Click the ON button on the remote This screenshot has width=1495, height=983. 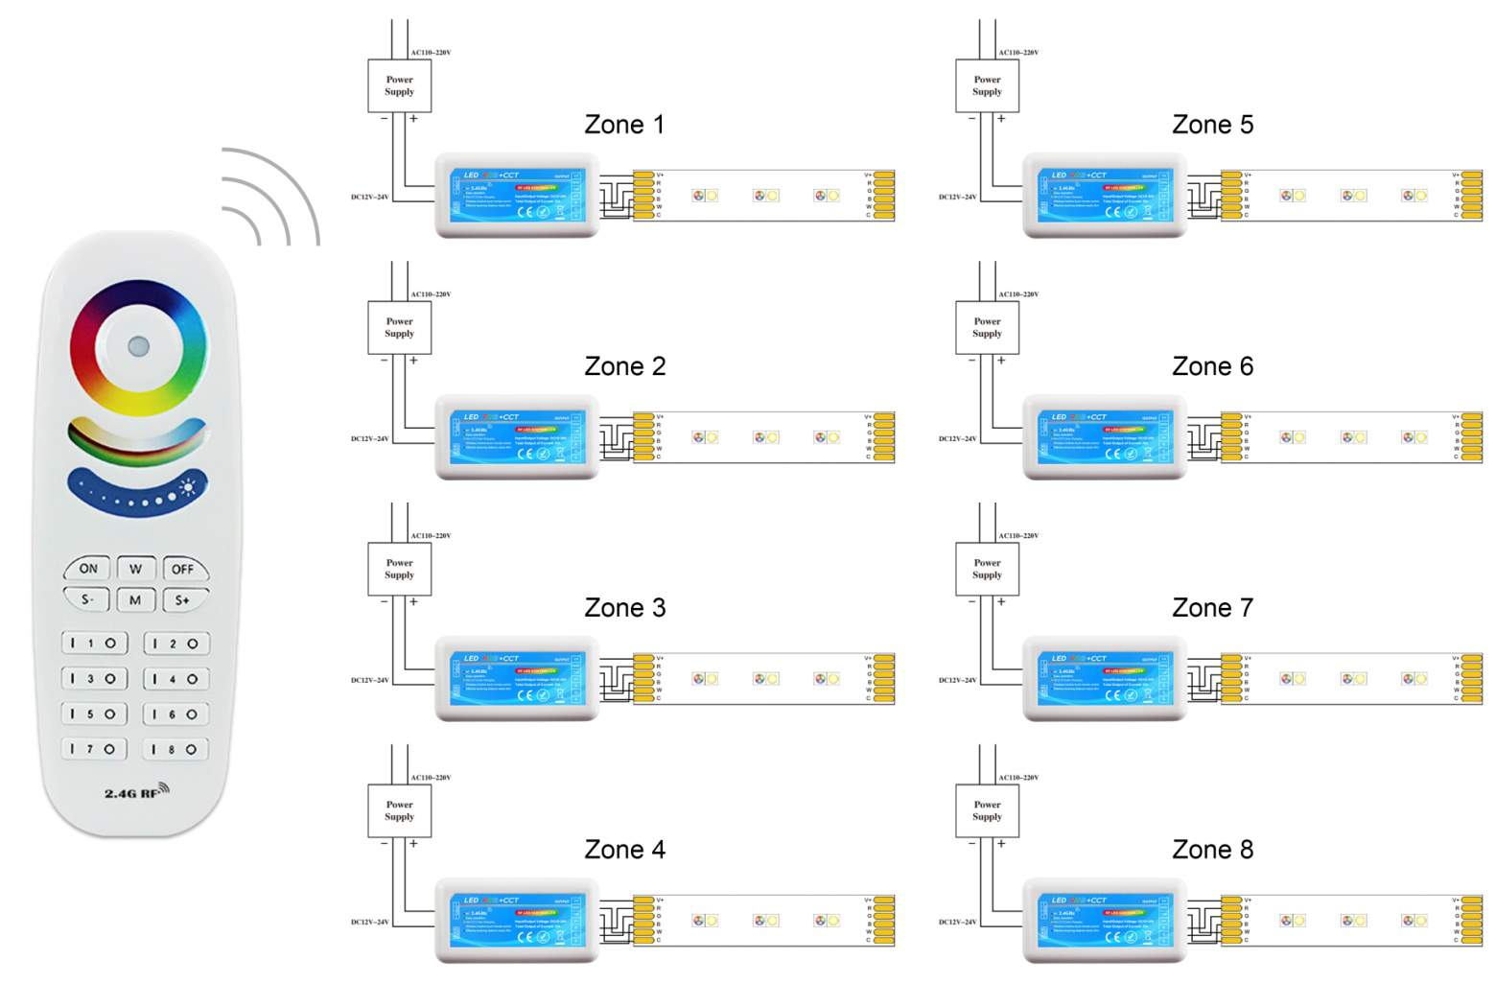[88, 569]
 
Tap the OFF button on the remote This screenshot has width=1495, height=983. [183, 569]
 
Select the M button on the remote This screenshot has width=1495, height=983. [135, 600]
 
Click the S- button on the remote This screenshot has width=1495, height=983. [87, 600]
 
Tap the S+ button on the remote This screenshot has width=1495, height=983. [182, 600]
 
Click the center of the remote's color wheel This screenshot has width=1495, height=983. [138, 346]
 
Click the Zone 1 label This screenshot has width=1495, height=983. [624, 125]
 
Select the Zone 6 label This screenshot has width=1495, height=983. [1212, 366]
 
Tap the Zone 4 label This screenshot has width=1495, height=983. [624, 850]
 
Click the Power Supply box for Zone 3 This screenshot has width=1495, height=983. [399, 570]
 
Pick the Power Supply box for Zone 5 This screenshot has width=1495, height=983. [987, 86]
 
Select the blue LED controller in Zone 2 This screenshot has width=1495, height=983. [518, 437]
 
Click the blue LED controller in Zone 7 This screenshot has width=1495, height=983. [1105, 679]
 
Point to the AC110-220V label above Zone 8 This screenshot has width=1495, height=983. [1018, 778]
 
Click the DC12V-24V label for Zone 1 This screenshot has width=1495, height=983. [369, 198]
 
